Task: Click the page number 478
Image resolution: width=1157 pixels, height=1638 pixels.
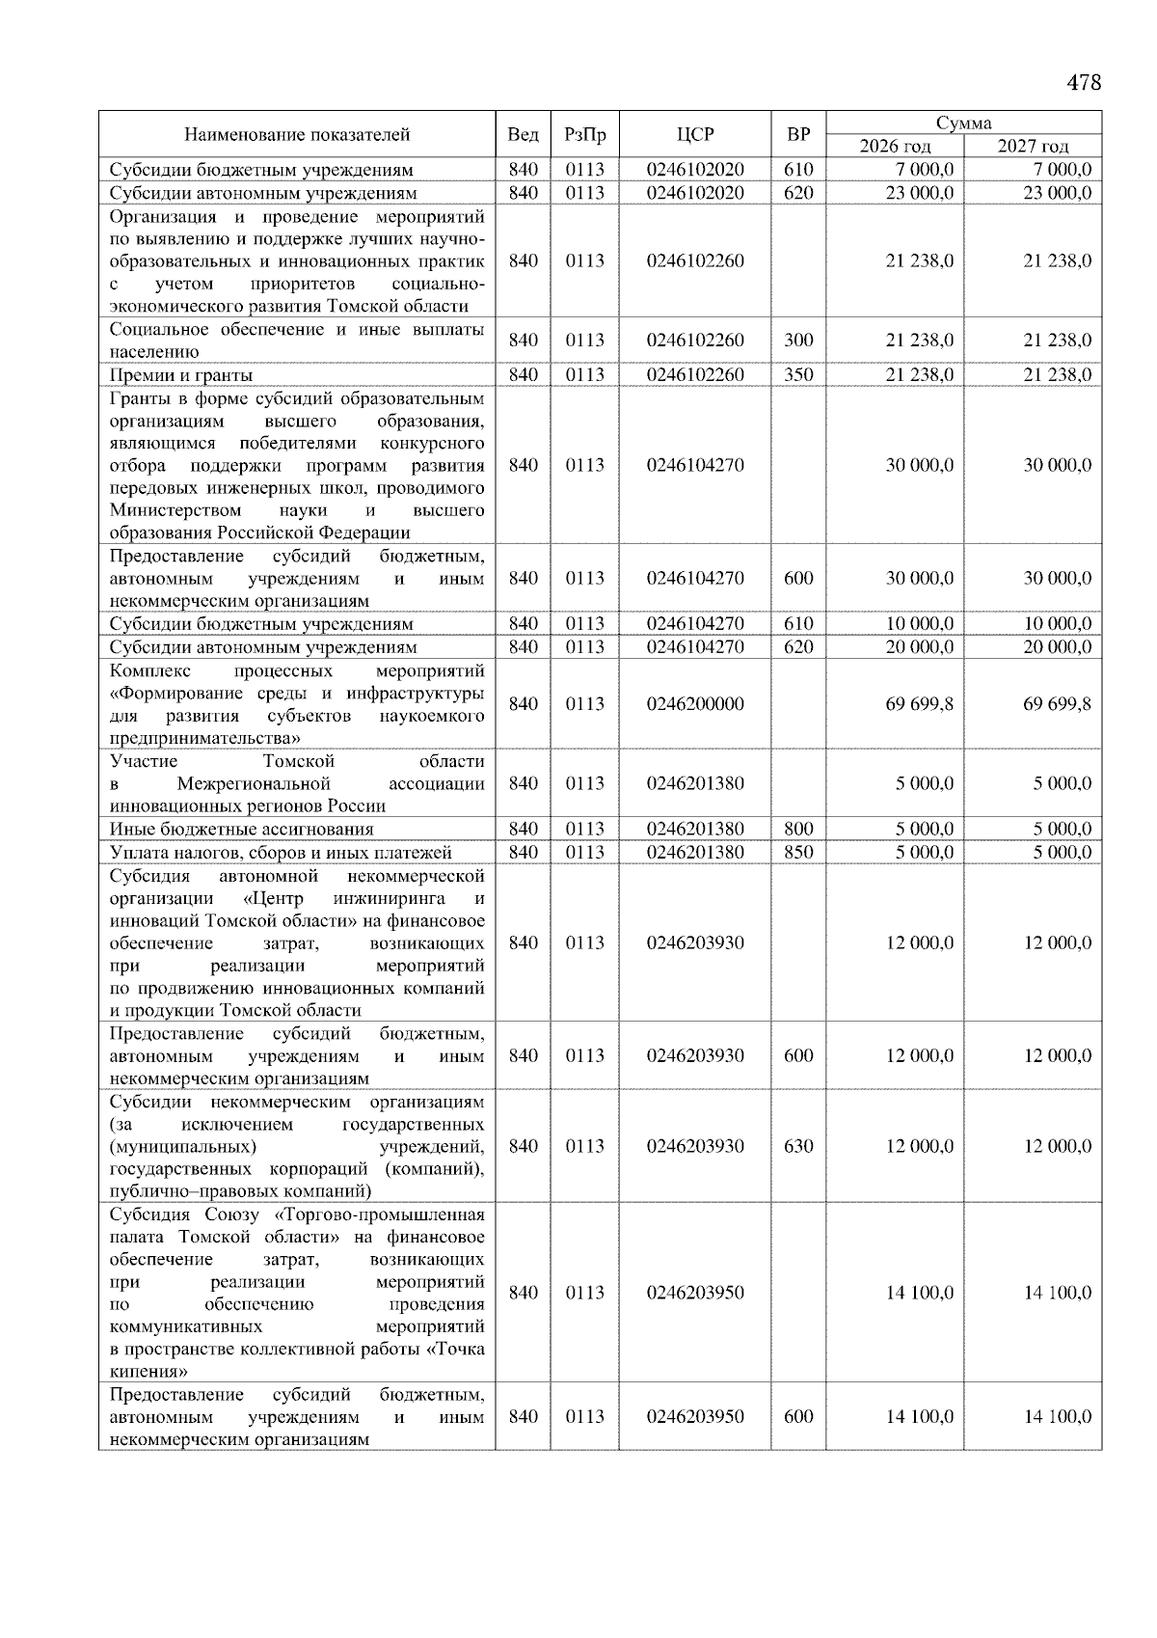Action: [1084, 83]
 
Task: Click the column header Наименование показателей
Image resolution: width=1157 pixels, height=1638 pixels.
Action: [297, 135]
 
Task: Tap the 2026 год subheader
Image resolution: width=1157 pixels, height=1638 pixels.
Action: [895, 147]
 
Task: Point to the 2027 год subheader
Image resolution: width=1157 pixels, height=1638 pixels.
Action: [1033, 147]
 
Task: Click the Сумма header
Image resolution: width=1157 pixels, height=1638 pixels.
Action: [963, 123]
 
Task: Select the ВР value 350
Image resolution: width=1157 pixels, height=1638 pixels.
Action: [797, 375]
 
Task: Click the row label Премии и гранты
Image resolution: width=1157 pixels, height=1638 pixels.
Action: [181, 375]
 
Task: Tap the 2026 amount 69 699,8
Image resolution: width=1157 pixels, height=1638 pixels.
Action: [919, 704]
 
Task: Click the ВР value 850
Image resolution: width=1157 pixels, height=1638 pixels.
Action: [797, 852]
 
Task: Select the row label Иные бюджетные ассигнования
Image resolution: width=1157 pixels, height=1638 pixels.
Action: [241, 829]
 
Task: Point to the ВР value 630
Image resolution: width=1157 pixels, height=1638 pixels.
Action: [797, 1146]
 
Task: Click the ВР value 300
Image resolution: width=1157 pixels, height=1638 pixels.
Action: [797, 341]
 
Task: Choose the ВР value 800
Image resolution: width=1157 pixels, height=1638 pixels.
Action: [797, 829]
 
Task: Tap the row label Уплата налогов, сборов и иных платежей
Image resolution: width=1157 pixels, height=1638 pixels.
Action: [281, 852]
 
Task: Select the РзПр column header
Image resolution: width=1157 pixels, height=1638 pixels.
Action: [584, 135]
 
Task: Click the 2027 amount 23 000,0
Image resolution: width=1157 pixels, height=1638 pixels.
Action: [1057, 193]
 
